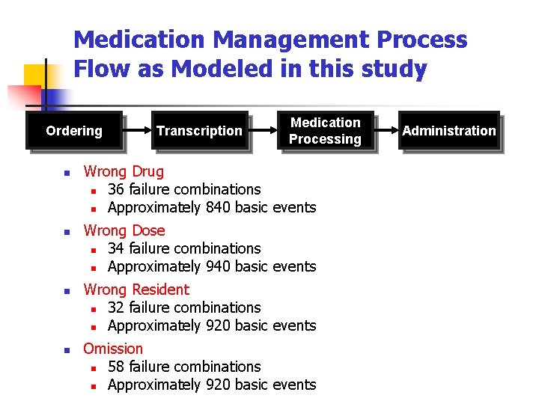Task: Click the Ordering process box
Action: coord(74,131)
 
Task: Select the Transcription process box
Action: coord(199,131)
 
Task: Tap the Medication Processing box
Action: coord(325,131)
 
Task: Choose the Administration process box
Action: coord(449,131)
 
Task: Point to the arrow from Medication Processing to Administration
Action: coord(387,131)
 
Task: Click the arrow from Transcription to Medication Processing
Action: coord(263,131)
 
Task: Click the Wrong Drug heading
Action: coord(124,171)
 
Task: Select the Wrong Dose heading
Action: coord(124,230)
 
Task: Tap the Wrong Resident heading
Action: coord(136,290)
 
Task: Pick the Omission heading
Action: coord(113,349)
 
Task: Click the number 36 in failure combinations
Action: coord(116,189)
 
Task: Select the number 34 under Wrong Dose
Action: coord(116,248)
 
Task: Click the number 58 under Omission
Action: coord(116,367)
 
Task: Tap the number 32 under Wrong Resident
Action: coord(116,307)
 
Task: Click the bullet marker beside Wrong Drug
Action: coord(67,173)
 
